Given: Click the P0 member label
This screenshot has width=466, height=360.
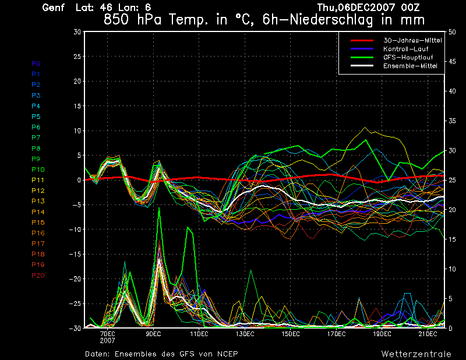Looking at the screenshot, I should coord(36,63).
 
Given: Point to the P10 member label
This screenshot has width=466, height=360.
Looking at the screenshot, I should coord(38,170).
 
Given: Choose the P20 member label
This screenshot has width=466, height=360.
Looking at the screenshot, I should coord(38,276).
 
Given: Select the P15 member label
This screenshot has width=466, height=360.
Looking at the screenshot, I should coord(38,223).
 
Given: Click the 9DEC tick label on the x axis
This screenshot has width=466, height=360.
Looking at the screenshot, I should coord(153,334).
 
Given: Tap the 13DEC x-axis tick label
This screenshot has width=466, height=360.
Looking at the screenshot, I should coord(245,334).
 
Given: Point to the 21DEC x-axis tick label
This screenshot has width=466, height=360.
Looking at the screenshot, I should coord(428,334).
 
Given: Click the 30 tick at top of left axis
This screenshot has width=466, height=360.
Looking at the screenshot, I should coord(77,32).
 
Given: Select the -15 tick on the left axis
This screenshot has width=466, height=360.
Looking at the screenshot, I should coord(75,254).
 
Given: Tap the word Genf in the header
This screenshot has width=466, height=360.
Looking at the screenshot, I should coord(54,8).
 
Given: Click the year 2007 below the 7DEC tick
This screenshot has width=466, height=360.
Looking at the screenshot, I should coord(107,340).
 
